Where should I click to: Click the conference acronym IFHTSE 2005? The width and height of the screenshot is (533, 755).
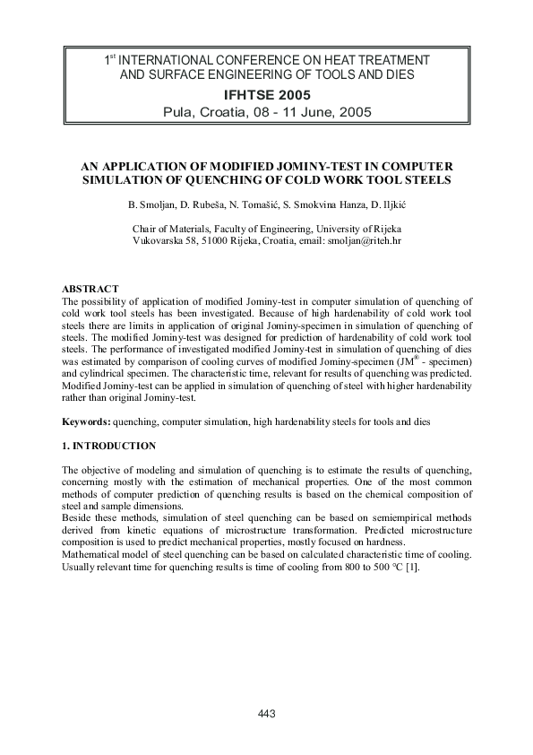point(266,94)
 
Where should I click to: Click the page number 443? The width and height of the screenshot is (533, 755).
point(266,713)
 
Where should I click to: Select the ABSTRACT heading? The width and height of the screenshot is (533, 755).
point(90,289)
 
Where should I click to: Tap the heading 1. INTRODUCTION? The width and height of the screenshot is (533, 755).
point(108,446)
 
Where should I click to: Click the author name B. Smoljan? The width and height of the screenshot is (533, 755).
point(153,205)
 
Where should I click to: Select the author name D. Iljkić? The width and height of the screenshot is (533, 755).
point(384,205)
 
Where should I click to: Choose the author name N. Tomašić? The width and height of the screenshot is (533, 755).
point(258,205)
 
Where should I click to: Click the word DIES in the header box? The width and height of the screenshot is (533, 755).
point(399,75)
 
